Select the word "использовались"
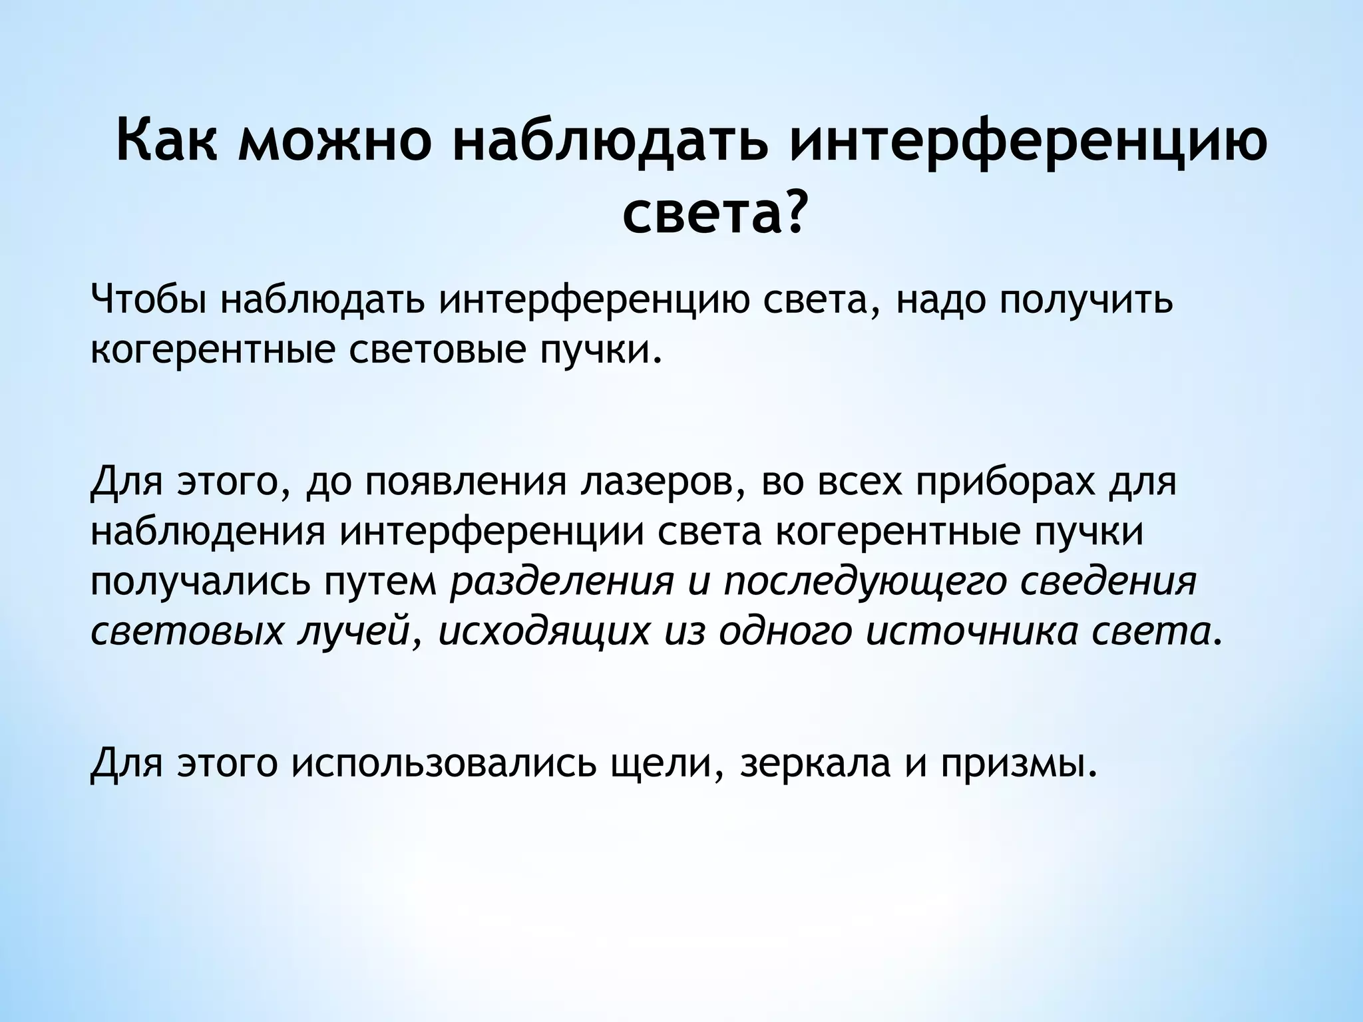click(x=443, y=764)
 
